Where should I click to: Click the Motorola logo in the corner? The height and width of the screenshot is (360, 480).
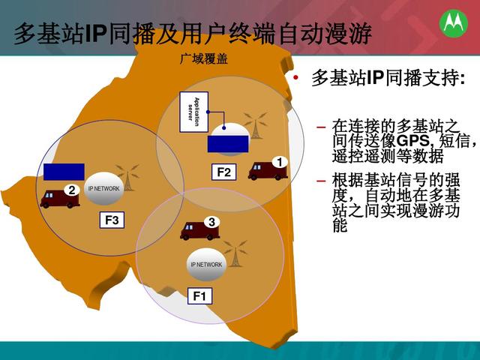pyautogui.click(x=454, y=23)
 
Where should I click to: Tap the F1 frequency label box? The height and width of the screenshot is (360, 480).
pyautogui.click(x=200, y=296)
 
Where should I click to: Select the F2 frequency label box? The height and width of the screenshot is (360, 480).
pyautogui.click(x=223, y=172)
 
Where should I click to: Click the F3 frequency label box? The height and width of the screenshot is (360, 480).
pyautogui.click(x=112, y=220)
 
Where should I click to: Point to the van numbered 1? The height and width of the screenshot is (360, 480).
pyautogui.click(x=268, y=169)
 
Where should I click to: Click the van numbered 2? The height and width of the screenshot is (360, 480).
pyautogui.click(x=60, y=196)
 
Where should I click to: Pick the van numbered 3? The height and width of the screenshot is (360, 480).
pyautogui.click(x=200, y=229)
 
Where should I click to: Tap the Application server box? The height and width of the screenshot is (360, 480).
pyautogui.click(x=194, y=112)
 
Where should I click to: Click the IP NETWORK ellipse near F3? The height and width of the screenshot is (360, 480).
pyautogui.click(x=103, y=188)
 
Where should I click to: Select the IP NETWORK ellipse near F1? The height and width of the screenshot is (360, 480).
pyautogui.click(x=206, y=265)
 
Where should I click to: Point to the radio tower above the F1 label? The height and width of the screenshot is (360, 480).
pyautogui.click(x=235, y=253)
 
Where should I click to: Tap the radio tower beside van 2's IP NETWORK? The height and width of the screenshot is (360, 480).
pyautogui.click(x=127, y=178)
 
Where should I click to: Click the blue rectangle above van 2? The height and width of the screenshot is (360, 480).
pyautogui.click(x=64, y=172)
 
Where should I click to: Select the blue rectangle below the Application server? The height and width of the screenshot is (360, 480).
pyautogui.click(x=228, y=144)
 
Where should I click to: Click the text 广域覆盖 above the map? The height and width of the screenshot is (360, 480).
pyautogui.click(x=204, y=58)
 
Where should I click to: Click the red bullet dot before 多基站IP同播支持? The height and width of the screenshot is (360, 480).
pyautogui.click(x=295, y=78)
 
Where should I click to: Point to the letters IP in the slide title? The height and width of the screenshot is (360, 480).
pyautogui.click(x=95, y=33)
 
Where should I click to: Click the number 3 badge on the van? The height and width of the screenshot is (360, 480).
pyautogui.click(x=211, y=222)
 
